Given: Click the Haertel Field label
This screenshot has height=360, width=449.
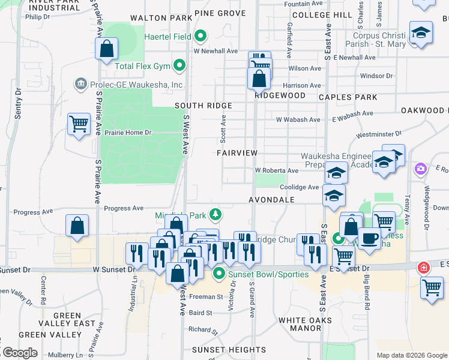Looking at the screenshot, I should pyautogui.click(x=167, y=37).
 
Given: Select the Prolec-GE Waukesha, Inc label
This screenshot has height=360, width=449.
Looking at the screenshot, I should pyautogui.click(x=136, y=85).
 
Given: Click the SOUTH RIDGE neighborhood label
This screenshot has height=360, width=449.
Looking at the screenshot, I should pyautogui.click(x=203, y=106).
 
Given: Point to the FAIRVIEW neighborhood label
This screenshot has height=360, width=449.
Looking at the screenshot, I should pyautogui.click(x=237, y=153).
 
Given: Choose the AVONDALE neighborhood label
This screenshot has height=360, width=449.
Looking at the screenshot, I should pyautogui.click(x=272, y=199).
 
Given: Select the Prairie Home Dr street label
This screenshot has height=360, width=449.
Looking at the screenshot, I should pyautogui.click(x=128, y=132).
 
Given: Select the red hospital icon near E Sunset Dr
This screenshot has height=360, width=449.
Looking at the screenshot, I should pyautogui.click(x=423, y=267).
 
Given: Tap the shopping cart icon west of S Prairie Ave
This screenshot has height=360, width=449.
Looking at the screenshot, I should pyautogui.click(x=79, y=124).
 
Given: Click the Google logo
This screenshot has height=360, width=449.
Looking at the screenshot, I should pyautogui.click(x=19, y=353).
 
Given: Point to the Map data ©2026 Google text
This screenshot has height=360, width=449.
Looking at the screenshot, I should pyautogui.click(x=411, y=355).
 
